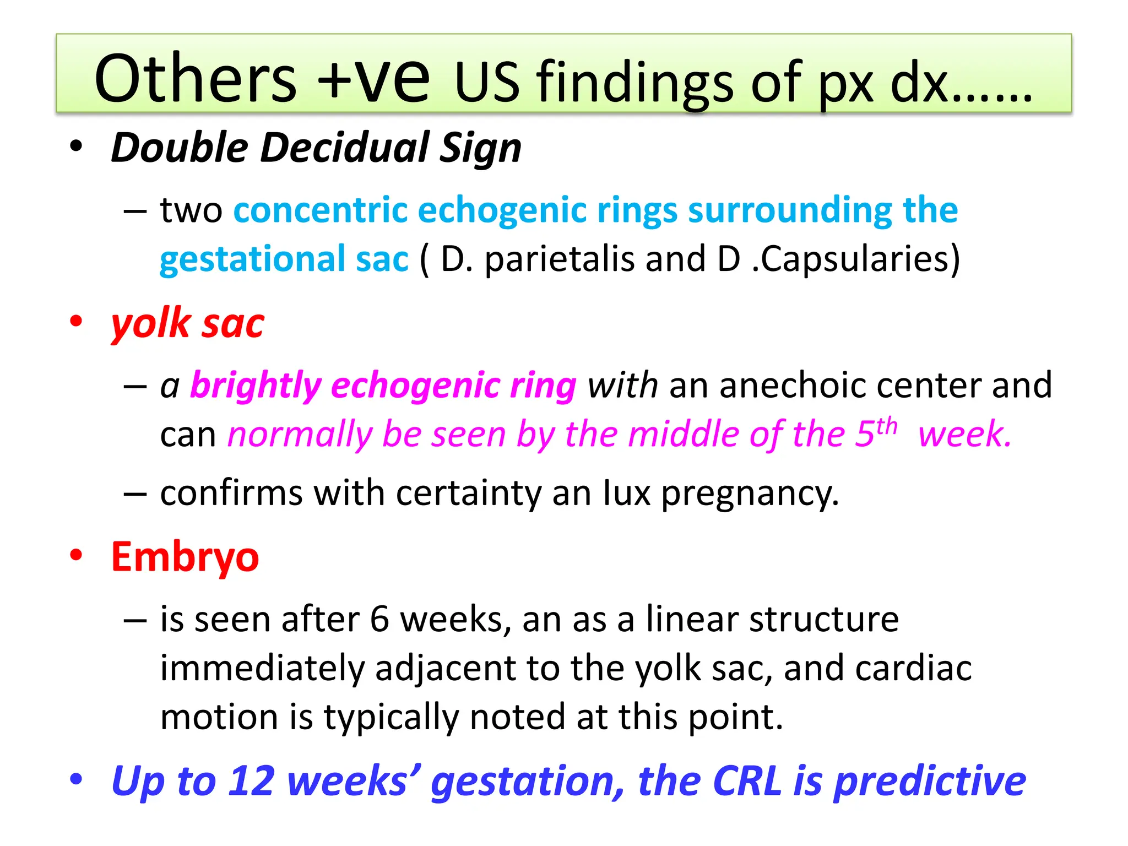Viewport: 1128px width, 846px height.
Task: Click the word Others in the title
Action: point(196,78)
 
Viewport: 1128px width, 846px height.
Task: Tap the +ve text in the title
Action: point(374,78)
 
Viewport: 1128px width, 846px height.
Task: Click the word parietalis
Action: point(560,259)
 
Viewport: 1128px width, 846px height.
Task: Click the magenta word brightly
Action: point(256,385)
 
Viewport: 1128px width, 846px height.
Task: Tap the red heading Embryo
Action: point(185,557)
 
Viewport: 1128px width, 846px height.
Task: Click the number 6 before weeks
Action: point(379,619)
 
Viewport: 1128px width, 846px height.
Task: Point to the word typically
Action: point(392,717)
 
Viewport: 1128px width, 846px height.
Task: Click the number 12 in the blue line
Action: point(252,780)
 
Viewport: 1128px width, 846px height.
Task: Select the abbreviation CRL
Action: point(747,780)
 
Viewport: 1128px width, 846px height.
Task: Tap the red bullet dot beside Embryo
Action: point(76,555)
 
